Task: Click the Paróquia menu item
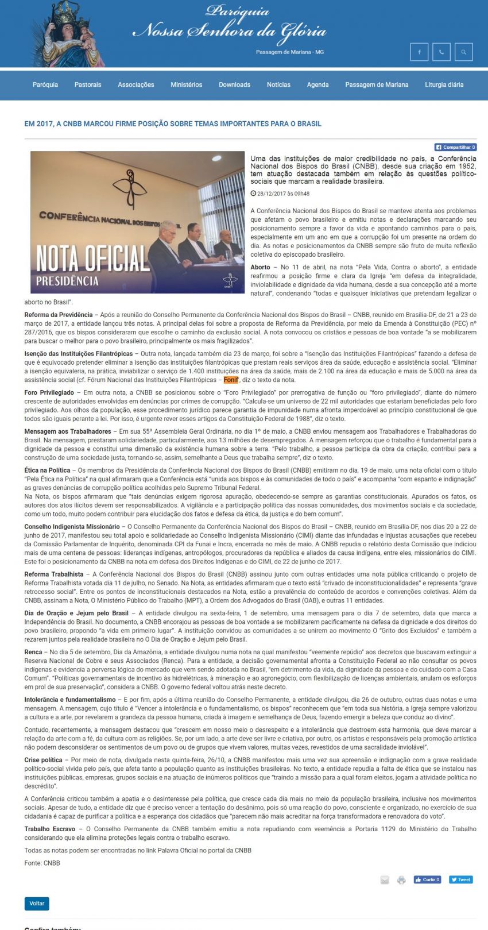[x=45, y=85]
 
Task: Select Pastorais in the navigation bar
[x=88, y=85]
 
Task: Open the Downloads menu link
[x=234, y=85]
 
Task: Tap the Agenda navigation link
[x=317, y=85]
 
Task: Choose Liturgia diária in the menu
[x=444, y=85]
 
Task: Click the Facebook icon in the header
[x=419, y=52]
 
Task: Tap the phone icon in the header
[x=441, y=52]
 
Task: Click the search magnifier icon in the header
[x=463, y=52]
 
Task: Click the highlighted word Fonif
[x=231, y=380]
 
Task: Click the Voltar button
[x=37, y=904]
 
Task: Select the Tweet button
[x=461, y=879]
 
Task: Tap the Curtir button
[x=427, y=879]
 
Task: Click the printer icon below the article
[x=401, y=880]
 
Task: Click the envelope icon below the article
[x=385, y=880]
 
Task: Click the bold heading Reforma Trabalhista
[x=53, y=574]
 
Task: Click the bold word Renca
[x=33, y=652]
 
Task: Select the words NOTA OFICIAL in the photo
[x=92, y=258]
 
